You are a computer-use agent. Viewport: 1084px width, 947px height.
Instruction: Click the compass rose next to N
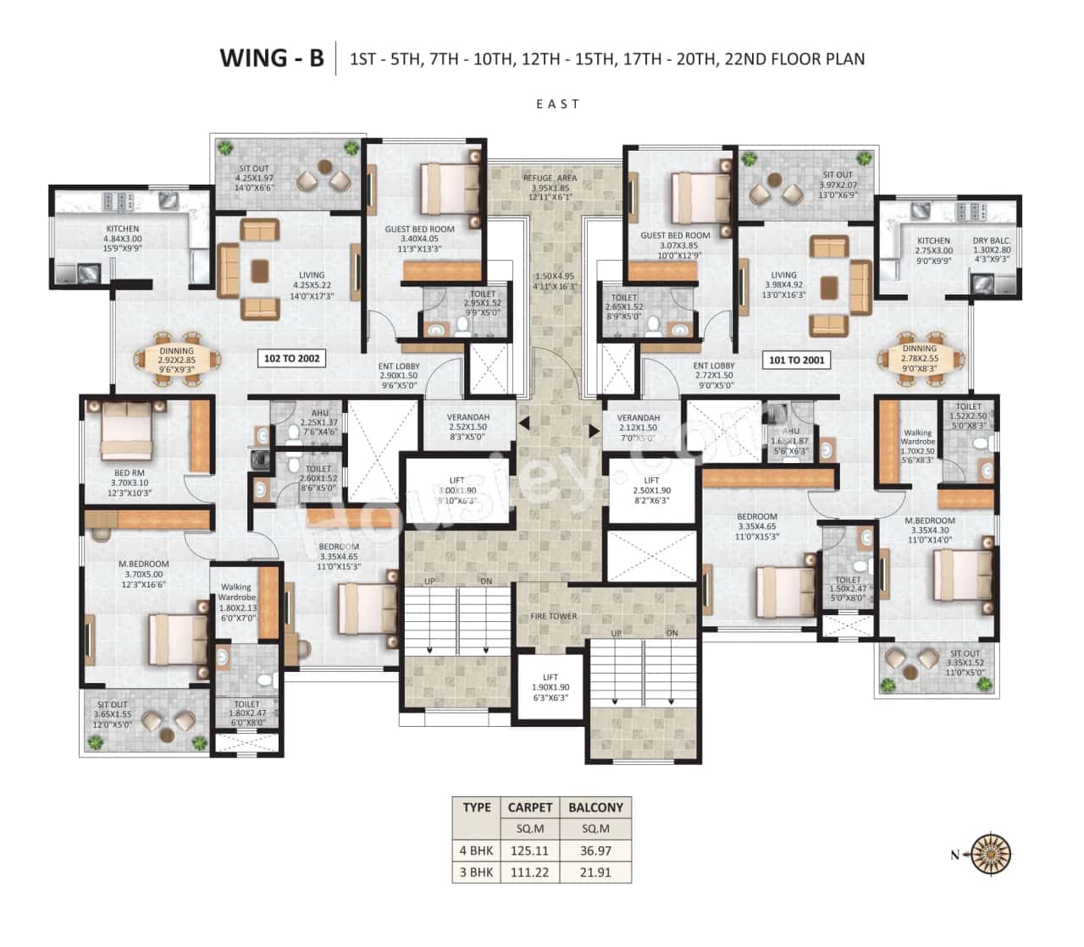(989, 853)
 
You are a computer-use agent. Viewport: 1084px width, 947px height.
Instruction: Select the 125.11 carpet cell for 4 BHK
(529, 851)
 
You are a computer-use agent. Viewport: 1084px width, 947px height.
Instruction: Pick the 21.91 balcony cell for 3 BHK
(595, 872)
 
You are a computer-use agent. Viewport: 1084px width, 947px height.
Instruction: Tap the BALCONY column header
(595, 807)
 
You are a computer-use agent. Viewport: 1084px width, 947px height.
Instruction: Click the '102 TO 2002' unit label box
(291, 359)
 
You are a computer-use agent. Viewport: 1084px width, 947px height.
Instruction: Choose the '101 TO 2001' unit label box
(796, 360)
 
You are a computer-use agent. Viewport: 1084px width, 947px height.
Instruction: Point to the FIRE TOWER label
(553, 616)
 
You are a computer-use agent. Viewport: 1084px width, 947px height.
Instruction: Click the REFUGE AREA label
(551, 178)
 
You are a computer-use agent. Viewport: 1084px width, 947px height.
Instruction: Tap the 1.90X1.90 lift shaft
(550, 687)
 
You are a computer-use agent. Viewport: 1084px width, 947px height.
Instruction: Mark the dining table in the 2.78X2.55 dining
(919, 359)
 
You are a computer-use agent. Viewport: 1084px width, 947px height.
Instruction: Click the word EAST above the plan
(557, 104)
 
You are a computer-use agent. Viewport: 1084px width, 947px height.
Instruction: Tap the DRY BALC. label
(992, 241)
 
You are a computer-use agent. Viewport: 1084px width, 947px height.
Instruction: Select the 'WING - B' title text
(271, 58)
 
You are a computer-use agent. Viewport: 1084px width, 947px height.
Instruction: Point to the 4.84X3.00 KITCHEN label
(123, 234)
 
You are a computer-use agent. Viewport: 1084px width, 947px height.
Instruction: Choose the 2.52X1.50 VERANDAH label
(468, 422)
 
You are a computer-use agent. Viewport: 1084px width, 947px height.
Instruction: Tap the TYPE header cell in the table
(477, 807)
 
